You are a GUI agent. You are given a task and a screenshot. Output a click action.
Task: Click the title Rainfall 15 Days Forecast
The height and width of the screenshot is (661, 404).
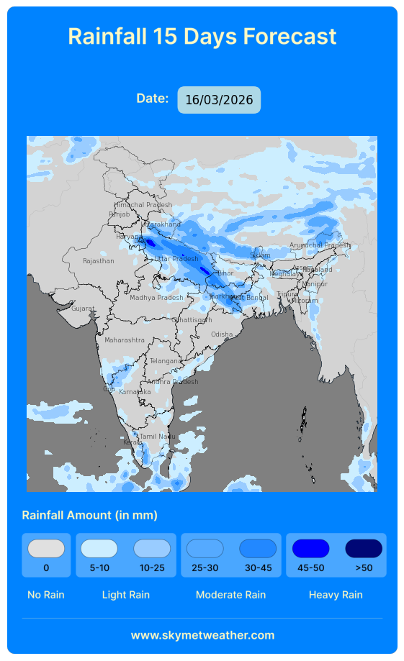tap(202, 36)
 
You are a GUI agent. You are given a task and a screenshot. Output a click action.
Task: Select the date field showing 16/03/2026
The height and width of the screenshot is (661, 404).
tap(219, 100)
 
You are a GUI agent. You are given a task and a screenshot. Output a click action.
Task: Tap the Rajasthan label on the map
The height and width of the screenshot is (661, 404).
tap(98, 261)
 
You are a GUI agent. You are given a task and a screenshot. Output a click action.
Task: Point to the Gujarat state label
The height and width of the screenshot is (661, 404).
tap(82, 309)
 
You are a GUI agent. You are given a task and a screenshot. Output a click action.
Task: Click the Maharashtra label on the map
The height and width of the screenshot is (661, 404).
tap(124, 340)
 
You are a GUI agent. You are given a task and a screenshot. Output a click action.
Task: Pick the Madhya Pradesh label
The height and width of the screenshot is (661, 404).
tap(156, 298)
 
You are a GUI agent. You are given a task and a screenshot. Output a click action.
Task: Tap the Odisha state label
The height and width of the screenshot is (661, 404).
tap(222, 334)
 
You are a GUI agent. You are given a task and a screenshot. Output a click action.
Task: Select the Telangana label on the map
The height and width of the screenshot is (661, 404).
tap(166, 361)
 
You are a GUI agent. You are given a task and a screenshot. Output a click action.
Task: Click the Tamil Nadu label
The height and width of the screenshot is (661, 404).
tap(157, 437)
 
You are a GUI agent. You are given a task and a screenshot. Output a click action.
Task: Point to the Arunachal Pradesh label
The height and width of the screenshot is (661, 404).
tap(319, 245)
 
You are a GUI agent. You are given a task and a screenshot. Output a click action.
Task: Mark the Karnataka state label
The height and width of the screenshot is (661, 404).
tap(135, 392)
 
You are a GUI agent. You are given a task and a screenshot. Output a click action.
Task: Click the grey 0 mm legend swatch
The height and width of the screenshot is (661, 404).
tap(46, 549)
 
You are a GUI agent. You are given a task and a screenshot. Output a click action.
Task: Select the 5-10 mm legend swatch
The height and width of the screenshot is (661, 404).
tap(99, 549)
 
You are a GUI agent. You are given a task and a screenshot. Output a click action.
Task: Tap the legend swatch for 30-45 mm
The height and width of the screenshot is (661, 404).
tap(258, 549)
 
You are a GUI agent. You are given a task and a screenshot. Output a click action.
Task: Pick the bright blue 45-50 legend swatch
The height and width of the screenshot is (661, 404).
tap(310, 549)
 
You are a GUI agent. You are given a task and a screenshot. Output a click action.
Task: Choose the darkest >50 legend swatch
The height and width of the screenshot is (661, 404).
tap(364, 549)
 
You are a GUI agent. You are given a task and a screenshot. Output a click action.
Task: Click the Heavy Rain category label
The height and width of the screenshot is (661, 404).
tap(336, 595)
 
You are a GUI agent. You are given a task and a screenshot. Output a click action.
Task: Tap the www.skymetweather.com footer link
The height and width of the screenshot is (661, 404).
tap(202, 635)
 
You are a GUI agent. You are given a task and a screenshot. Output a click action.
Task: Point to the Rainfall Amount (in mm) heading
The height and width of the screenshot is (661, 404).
tap(89, 515)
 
